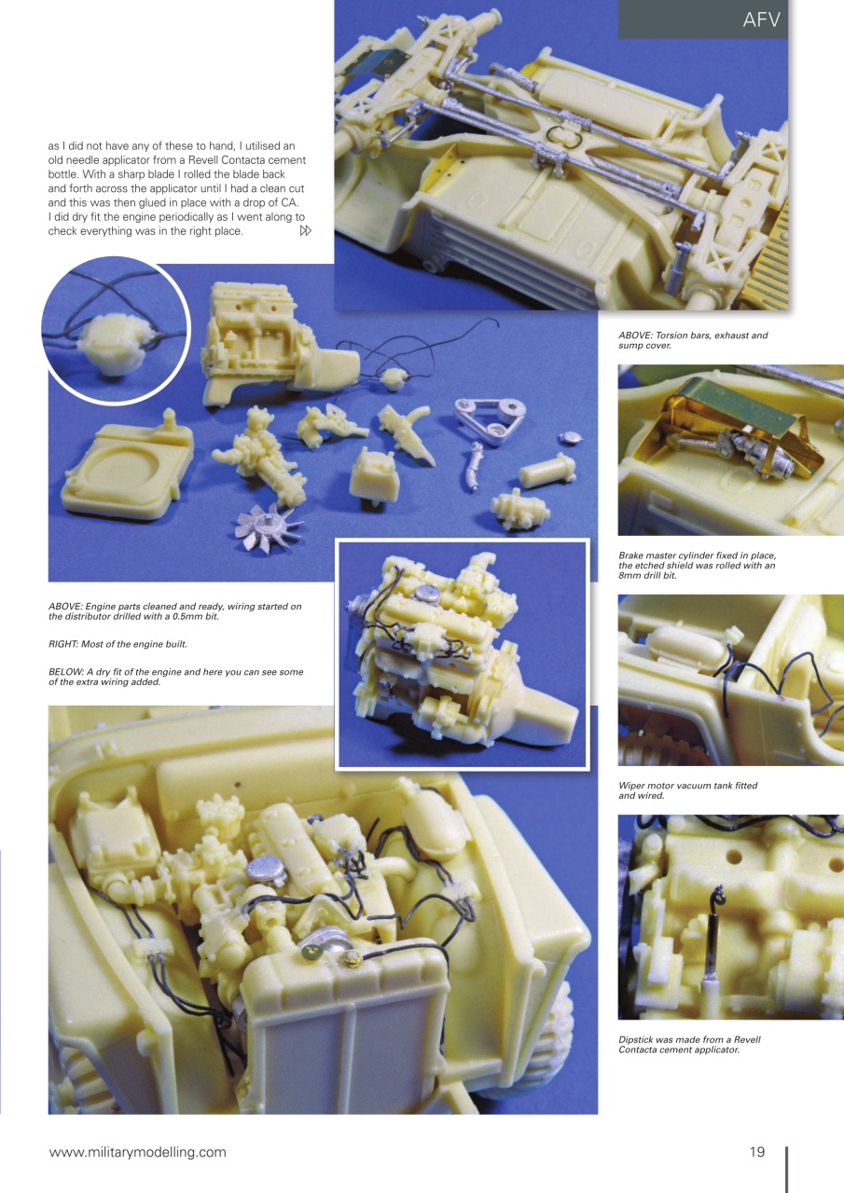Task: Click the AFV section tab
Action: [761, 20]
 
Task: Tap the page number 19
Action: [756, 1152]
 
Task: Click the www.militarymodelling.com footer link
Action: [137, 1152]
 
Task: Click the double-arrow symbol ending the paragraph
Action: [304, 231]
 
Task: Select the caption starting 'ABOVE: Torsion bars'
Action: [693, 340]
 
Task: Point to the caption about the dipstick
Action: [689, 1045]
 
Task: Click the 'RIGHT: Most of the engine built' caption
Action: [123, 643]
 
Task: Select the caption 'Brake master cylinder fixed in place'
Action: [697, 566]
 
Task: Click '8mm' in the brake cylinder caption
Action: [634, 576]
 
